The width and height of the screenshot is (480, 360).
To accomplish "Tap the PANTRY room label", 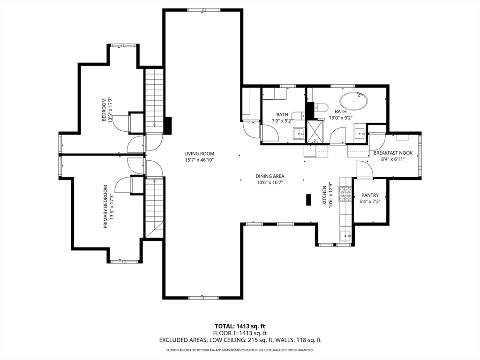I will [370, 195].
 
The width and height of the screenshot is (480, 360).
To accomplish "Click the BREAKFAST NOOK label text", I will [393, 153].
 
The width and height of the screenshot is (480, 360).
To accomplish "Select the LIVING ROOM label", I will [199, 153].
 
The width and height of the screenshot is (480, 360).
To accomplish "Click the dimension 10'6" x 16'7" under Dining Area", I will [270, 183].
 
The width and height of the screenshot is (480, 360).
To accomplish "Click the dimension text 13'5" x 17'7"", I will [111, 110].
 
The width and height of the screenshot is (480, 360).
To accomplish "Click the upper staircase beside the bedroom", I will [154, 98].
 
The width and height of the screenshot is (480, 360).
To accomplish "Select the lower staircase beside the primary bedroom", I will [154, 206].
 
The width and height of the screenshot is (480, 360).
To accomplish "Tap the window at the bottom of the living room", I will [202, 298].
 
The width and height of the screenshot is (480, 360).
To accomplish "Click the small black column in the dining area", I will [308, 200].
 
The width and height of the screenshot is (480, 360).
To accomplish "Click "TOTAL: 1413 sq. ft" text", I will [240, 326].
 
